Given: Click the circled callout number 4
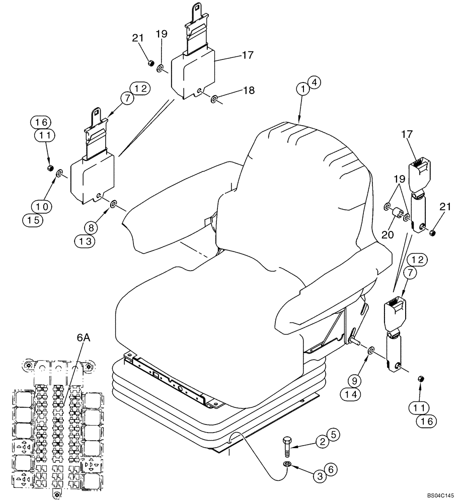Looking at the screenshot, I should click(313, 82).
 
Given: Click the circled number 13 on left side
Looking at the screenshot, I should click(86, 242).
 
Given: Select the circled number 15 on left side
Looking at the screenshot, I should click(33, 219).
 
